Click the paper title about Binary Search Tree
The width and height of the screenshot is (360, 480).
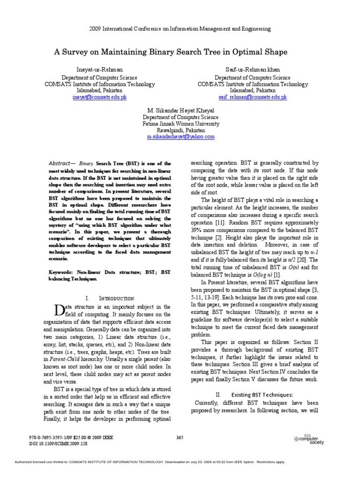point(180,52)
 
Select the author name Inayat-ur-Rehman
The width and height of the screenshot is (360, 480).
point(100,69)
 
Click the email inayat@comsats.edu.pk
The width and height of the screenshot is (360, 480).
point(99,97)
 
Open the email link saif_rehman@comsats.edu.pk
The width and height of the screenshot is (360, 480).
point(252,97)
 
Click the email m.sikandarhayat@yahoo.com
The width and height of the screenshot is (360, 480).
point(180,136)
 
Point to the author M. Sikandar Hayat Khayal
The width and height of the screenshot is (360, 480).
point(180,111)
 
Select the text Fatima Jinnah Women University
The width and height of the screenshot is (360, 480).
point(180,124)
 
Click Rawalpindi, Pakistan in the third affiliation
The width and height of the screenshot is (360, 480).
point(180,130)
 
